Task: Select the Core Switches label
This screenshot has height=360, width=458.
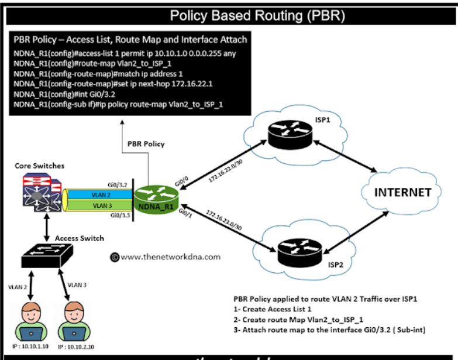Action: pyautogui.click(x=39, y=167)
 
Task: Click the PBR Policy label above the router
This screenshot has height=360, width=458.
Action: pyautogui.click(x=146, y=144)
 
